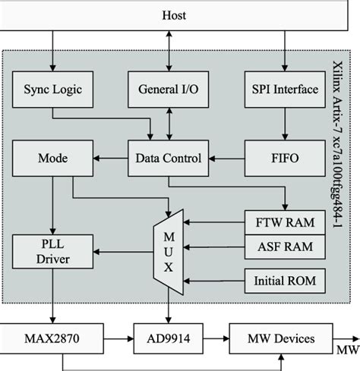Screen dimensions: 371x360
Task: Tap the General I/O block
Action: coord(169,89)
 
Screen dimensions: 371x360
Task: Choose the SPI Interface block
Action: coord(283,89)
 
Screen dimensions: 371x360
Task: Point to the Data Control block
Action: coord(169,158)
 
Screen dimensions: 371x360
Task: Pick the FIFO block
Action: coord(283,158)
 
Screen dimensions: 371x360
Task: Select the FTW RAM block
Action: coord(283,223)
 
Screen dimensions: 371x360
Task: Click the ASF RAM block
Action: coord(283,247)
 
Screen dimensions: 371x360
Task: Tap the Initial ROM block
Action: coord(283,281)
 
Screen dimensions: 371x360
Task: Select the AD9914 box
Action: coord(169,338)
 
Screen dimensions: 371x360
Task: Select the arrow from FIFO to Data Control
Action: coord(225,158)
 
